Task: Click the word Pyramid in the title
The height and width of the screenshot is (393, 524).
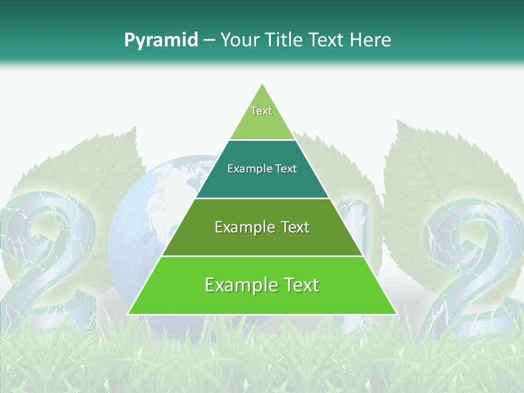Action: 160,40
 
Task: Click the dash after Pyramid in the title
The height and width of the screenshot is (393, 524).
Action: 209,40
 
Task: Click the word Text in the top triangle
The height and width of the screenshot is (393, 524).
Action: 261,111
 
